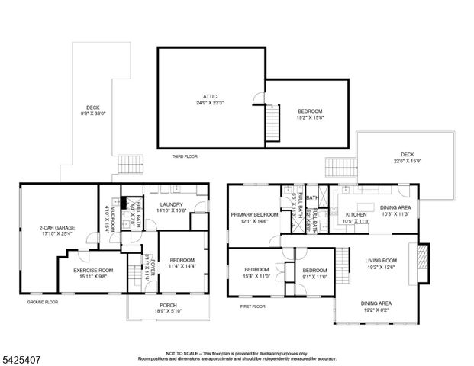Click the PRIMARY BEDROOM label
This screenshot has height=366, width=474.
pyautogui.click(x=254, y=215)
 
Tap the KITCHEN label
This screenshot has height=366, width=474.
pyautogui.click(x=357, y=215)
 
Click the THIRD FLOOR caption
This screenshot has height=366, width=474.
pyautogui.click(x=184, y=156)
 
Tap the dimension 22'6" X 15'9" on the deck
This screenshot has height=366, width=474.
pyautogui.click(x=408, y=161)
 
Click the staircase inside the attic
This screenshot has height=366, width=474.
pyautogui.click(x=270, y=122)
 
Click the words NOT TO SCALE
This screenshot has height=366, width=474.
pyautogui.click(x=181, y=353)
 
